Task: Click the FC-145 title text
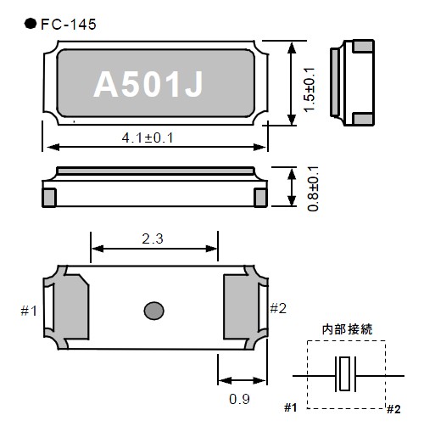tap(69, 25)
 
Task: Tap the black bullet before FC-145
tap(31, 24)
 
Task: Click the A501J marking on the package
tap(148, 84)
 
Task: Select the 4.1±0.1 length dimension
tap(148, 138)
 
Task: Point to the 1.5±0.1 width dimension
tap(309, 90)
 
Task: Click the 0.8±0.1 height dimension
tap(313, 188)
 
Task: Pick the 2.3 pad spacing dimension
tap(153, 239)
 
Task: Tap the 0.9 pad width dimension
tap(239, 399)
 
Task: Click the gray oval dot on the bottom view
tap(153, 311)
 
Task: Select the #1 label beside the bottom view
tap(29, 311)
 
